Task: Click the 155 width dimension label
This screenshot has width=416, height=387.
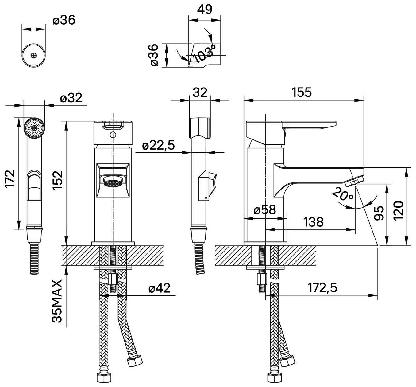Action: [302, 92]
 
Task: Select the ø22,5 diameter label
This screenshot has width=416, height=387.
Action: [158, 145]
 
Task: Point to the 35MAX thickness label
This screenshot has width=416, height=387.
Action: [57, 301]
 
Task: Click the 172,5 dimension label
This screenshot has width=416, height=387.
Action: [322, 288]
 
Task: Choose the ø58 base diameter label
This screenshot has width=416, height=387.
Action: [265, 210]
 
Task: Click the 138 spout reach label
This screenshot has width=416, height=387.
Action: [313, 222]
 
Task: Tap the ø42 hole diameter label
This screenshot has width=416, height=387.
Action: [160, 288]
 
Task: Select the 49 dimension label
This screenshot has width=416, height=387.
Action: [205, 9]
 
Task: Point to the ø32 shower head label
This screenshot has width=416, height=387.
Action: [71, 98]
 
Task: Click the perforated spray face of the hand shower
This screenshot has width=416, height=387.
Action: [34, 128]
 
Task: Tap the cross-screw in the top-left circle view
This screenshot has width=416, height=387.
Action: [34, 56]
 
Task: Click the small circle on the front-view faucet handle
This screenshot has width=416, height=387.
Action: [113, 135]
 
